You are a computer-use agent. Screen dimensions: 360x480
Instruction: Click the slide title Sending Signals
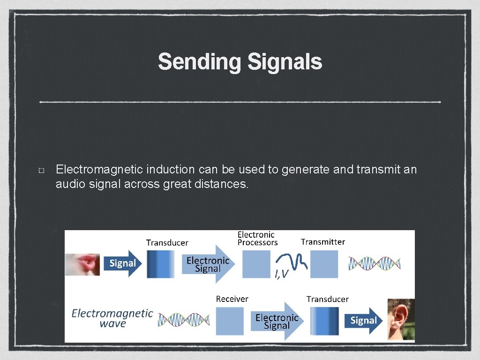[x=240, y=62]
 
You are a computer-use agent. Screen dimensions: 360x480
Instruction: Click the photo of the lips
[x=82, y=263]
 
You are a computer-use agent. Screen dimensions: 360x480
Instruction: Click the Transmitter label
[x=322, y=242]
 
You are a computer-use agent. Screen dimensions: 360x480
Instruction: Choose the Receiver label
[x=232, y=299]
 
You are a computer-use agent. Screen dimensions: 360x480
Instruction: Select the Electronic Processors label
[x=257, y=238]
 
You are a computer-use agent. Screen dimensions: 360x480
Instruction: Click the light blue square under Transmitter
[x=324, y=264]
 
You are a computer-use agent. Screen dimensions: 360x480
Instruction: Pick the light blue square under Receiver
[x=230, y=321]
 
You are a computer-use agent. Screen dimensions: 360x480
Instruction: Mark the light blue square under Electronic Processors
[x=256, y=264]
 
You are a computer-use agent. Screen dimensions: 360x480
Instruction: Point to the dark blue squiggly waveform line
[x=292, y=261]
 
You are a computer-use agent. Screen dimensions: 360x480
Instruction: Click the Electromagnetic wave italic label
[x=112, y=318]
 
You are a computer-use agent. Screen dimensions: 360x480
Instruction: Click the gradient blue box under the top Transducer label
[x=160, y=264]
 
